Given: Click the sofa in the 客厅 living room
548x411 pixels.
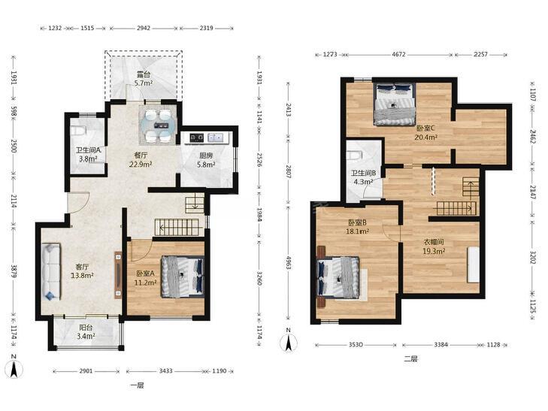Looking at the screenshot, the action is (51, 272).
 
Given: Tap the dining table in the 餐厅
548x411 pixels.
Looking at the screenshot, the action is (159, 125).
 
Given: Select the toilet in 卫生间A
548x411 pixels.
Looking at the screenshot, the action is (78, 131).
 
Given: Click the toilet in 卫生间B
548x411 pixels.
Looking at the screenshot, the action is (354, 155).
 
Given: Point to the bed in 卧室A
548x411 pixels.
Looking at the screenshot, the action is (183, 277).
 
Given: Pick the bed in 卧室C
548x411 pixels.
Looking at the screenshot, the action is (394, 104).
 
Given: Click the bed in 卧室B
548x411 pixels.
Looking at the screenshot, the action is (338, 278).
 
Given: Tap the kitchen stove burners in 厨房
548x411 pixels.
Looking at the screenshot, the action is (197, 138).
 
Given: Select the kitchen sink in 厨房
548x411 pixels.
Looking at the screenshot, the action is (216, 138).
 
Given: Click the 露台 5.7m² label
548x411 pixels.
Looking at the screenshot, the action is (144, 79).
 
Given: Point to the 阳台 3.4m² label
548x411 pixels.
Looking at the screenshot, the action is (86, 332).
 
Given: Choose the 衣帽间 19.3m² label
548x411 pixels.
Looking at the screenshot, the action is (434, 246).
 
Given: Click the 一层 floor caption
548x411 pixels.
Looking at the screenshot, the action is (137, 385).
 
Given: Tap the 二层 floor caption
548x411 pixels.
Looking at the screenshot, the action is (411, 358).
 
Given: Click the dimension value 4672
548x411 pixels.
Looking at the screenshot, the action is (398, 54).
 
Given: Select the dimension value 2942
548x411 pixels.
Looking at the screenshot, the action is (144, 28).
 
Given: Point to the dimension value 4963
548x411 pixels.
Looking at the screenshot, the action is (289, 262).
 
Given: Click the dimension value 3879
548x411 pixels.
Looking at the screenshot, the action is (14, 271).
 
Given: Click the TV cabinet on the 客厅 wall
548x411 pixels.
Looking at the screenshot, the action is (118, 275).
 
